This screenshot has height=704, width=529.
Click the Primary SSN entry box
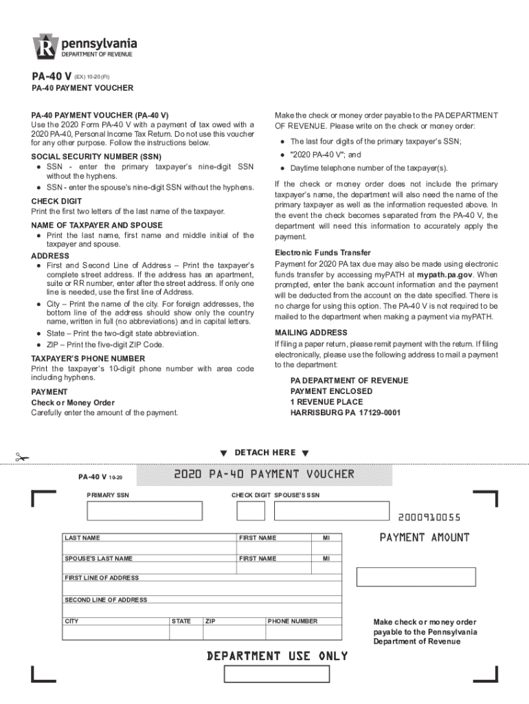point(144,511)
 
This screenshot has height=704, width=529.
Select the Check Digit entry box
point(250,511)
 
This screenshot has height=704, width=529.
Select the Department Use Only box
point(276,674)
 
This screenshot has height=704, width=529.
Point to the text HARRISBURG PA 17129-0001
point(346,412)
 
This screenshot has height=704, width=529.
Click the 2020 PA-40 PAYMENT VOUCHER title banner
point(264,474)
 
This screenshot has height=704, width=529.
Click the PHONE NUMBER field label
point(293,621)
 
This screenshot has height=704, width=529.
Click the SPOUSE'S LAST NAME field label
point(98,559)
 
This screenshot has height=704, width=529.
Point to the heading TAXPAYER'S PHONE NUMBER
point(88,358)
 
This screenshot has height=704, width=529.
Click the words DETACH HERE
point(264,452)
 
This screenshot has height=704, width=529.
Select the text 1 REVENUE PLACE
point(326,401)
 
